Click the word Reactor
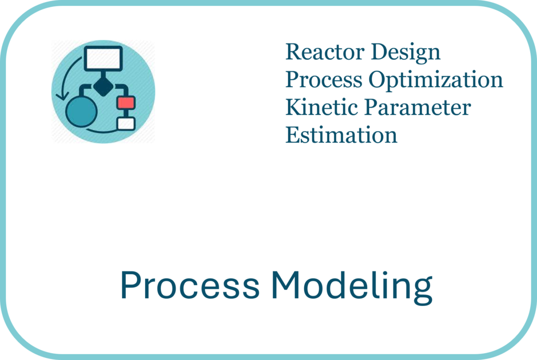click(x=325, y=52)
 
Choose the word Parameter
click(x=417, y=107)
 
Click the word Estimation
click(x=341, y=135)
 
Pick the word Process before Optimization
click(x=324, y=80)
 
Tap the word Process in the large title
click(x=190, y=285)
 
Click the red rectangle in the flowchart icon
click(x=126, y=103)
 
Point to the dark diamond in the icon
click(x=103, y=86)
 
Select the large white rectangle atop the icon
click(x=103, y=59)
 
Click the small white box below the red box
click(x=126, y=124)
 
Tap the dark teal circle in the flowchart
click(x=81, y=112)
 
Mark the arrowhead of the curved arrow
click(x=62, y=96)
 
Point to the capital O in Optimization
click(x=378, y=80)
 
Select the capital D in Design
click(x=381, y=52)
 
